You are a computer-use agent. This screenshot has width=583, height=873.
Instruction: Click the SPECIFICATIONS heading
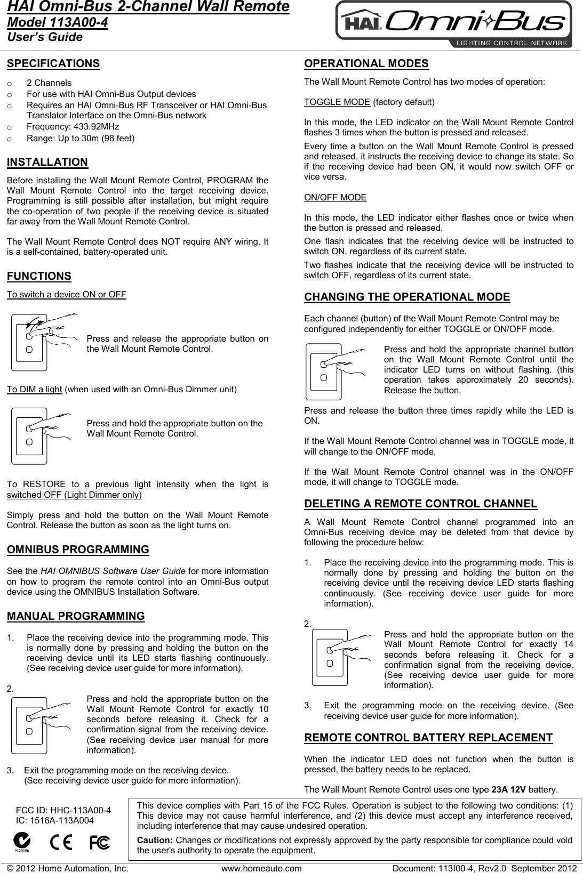(53, 63)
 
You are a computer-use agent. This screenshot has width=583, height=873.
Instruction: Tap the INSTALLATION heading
(47, 162)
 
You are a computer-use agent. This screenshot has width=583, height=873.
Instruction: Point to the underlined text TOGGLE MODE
(337, 102)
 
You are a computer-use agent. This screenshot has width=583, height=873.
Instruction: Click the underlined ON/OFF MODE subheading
(335, 197)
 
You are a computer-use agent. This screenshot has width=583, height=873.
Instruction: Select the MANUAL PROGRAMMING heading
(76, 616)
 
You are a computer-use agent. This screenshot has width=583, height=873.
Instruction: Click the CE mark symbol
(61, 843)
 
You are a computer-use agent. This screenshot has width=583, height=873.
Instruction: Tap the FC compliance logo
(100, 843)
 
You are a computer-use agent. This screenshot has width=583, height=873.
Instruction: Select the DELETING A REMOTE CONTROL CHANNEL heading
(420, 504)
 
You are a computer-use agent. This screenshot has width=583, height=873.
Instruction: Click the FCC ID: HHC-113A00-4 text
(64, 811)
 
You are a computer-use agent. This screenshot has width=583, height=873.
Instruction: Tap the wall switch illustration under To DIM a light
(41, 435)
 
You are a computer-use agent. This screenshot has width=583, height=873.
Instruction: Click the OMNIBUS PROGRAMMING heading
(78, 549)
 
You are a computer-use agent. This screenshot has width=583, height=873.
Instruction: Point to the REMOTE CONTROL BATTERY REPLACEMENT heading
(428, 738)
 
